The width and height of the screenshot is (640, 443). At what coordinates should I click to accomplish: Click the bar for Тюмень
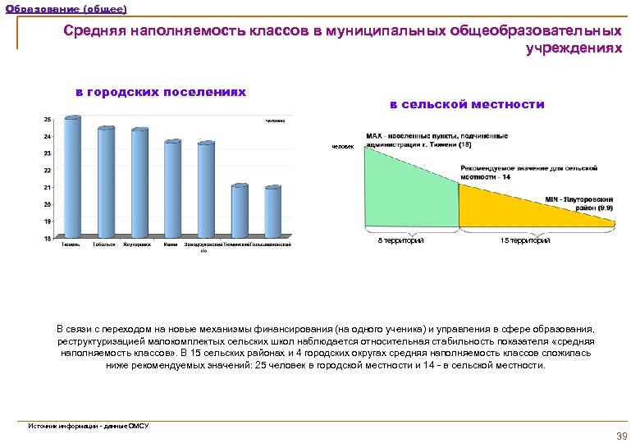(x=72, y=177)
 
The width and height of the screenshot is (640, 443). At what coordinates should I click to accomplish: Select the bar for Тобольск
(x=106, y=183)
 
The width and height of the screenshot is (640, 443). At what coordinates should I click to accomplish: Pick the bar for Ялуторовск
(x=139, y=184)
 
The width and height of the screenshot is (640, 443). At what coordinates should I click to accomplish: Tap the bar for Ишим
(x=172, y=190)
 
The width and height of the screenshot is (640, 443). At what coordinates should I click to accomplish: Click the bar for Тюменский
(x=240, y=212)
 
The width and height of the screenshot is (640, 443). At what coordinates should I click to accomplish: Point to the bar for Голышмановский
(x=272, y=212)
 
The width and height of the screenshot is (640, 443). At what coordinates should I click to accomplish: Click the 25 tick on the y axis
(x=46, y=119)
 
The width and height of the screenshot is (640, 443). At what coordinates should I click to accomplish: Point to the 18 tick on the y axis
(x=46, y=238)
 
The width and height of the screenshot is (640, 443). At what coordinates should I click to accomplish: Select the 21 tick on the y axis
(x=46, y=187)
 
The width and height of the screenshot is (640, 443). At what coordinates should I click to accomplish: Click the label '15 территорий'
(x=525, y=240)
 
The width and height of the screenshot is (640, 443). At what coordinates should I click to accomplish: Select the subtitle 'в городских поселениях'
(x=161, y=92)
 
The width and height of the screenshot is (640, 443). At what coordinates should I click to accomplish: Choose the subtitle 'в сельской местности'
(x=466, y=104)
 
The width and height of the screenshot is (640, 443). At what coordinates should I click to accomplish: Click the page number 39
(x=621, y=435)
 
